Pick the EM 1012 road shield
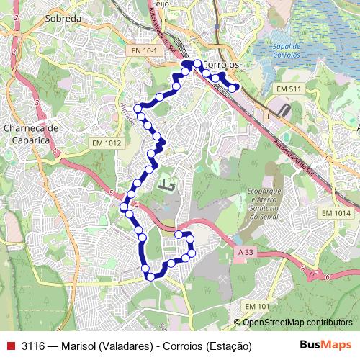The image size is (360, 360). [x=107, y=143]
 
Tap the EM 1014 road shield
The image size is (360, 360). [x=336, y=213]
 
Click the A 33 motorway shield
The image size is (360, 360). [x=245, y=252]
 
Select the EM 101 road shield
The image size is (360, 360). [x=256, y=307]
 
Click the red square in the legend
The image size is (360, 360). [x=10, y=345]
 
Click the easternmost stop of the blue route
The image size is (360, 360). [x=234, y=88]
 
